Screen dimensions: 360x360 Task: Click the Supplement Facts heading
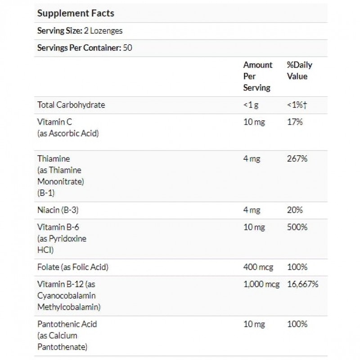[x=76, y=13]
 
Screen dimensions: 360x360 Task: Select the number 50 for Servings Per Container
[x=127, y=48]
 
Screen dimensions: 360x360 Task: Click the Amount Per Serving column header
[x=257, y=76]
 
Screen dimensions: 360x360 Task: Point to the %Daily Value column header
[x=299, y=71]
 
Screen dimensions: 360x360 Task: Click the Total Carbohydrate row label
[x=71, y=105]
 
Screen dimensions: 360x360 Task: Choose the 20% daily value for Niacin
[x=295, y=210]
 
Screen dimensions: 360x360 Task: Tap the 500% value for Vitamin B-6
[x=297, y=227]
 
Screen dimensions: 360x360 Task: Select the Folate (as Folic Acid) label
[x=73, y=267]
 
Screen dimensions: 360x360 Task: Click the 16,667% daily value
[x=303, y=284]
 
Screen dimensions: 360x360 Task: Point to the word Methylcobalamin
[x=69, y=307]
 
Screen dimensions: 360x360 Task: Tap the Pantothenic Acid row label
[x=67, y=324]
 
